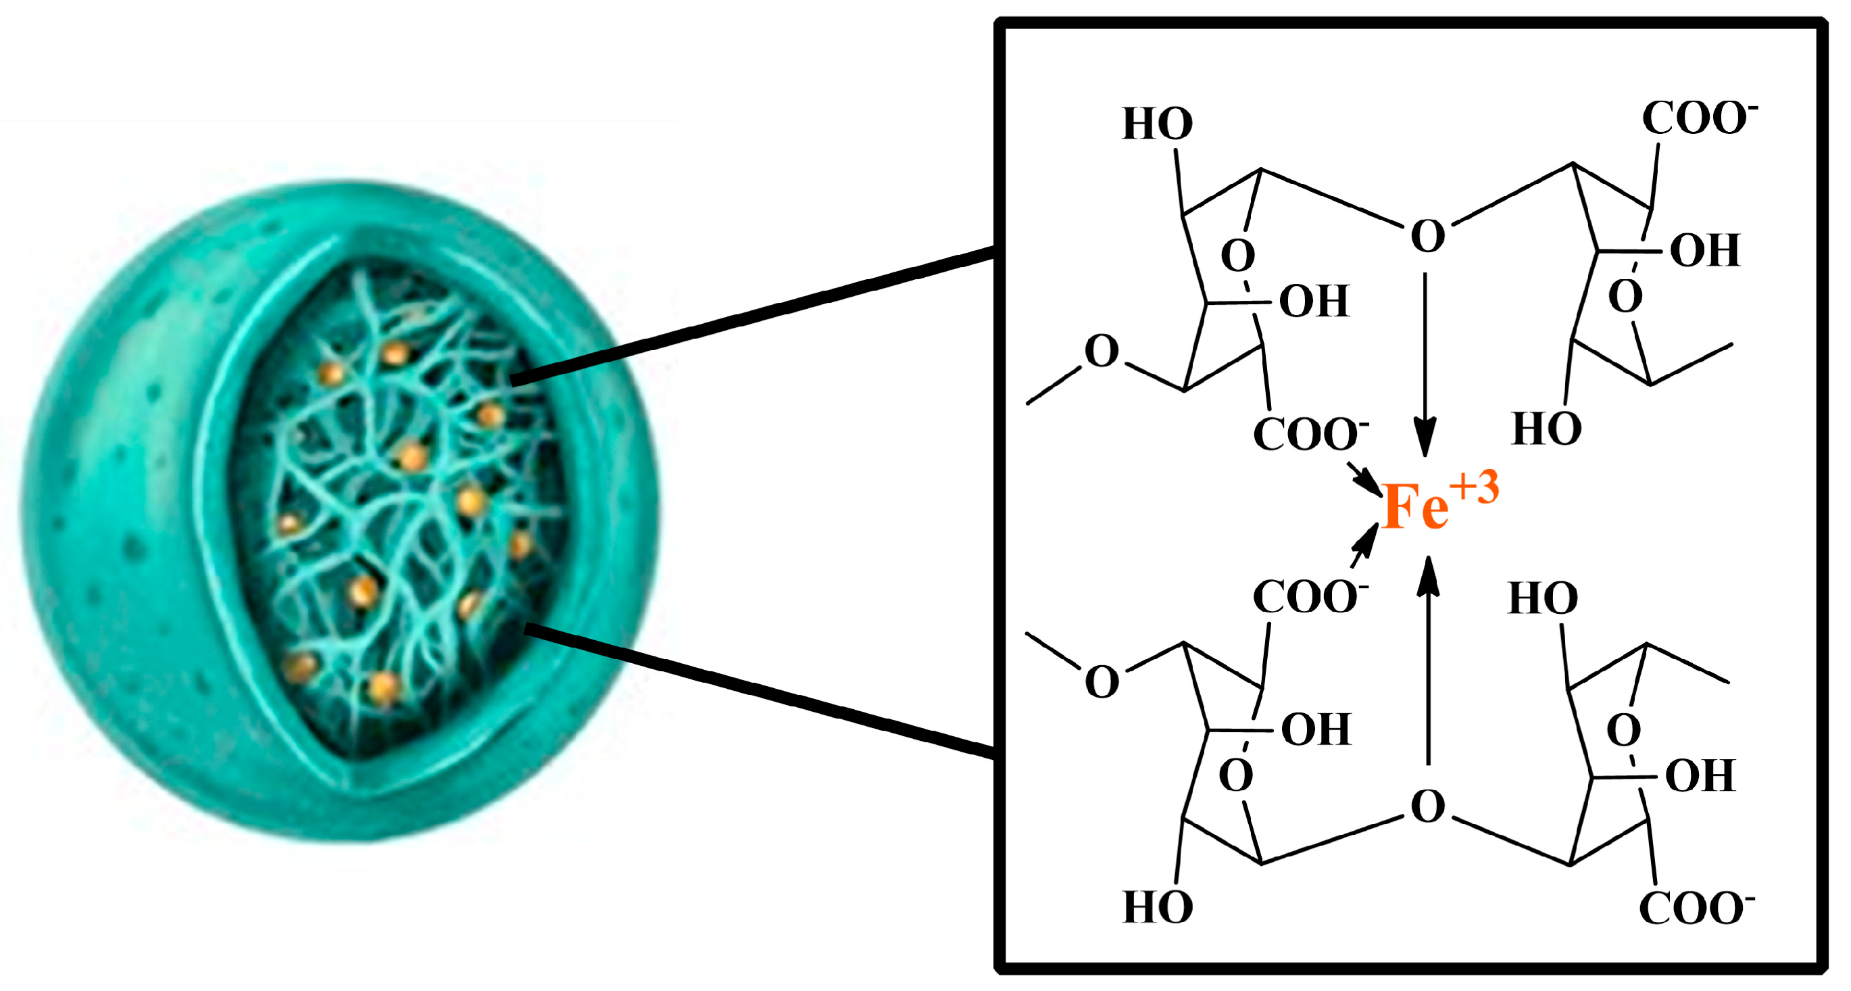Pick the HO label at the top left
click(x=1158, y=124)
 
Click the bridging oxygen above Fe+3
click(x=1427, y=236)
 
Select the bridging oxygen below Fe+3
click(x=1427, y=806)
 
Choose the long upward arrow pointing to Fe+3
click(x=1428, y=661)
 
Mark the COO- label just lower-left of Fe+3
click(x=1308, y=596)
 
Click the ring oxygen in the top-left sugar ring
click(x=1237, y=255)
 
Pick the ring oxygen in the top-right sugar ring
click(x=1625, y=295)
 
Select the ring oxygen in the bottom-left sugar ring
click(x=1236, y=775)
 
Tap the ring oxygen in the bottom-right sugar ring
click(x=1623, y=729)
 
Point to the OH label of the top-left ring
click(x=1314, y=301)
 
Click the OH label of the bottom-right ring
click(x=1700, y=775)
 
